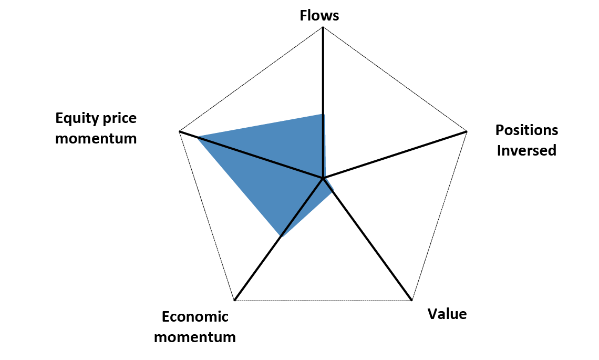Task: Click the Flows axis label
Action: [x=319, y=16]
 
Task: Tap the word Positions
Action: [x=526, y=130]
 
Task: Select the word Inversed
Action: [x=526, y=150]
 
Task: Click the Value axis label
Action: [x=447, y=314]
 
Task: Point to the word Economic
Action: [x=195, y=317]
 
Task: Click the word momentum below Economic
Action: [x=195, y=337]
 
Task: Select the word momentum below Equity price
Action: [x=96, y=139]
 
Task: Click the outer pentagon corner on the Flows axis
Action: [x=323, y=27]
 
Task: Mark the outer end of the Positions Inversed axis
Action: [x=467, y=131]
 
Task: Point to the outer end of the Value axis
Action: [x=411, y=301]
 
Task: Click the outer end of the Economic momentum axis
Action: [x=234, y=301]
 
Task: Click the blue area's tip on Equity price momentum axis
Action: [x=198, y=138]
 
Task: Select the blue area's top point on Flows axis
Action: [x=323, y=114]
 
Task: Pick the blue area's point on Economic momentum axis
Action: [x=281, y=236]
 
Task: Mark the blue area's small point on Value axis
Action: [x=332, y=193]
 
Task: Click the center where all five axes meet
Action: [x=323, y=179]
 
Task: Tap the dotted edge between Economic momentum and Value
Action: [x=323, y=301]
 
